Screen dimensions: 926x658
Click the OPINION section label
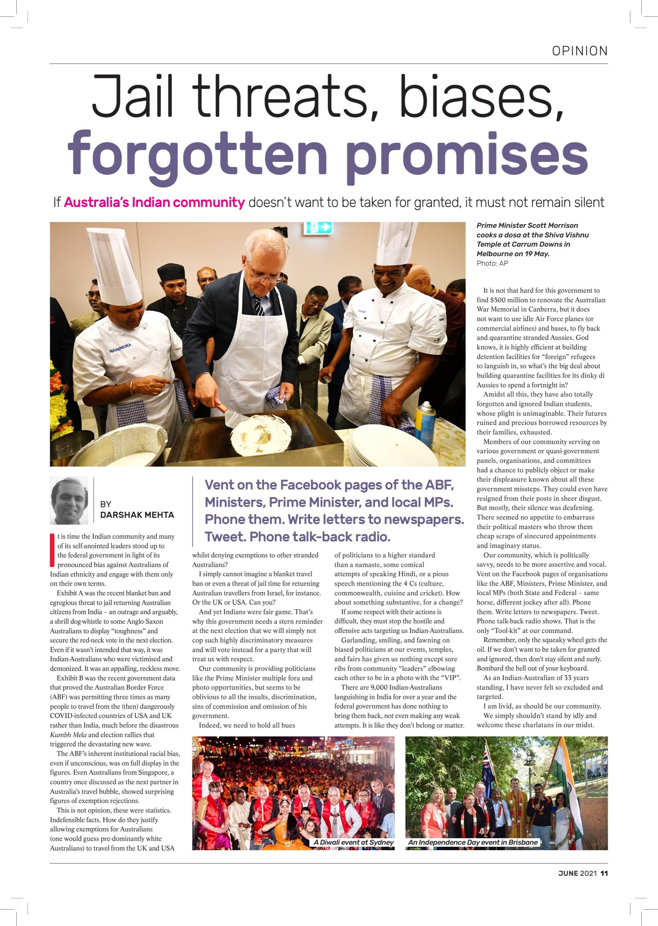[x=580, y=51]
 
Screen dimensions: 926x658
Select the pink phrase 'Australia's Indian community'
[x=154, y=202]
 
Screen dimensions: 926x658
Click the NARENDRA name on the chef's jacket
[x=120, y=348]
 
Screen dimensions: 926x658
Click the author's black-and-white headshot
[x=69, y=500]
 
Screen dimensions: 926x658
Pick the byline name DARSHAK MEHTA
[x=137, y=515]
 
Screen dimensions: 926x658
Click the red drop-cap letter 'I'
[x=52, y=550]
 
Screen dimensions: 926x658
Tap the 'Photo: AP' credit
[x=492, y=264]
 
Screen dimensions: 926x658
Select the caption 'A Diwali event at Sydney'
[x=354, y=842]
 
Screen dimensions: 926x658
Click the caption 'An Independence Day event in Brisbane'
[x=473, y=842]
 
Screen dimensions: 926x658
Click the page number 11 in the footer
[x=604, y=873]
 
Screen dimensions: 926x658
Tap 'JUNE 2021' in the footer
[x=577, y=873]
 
